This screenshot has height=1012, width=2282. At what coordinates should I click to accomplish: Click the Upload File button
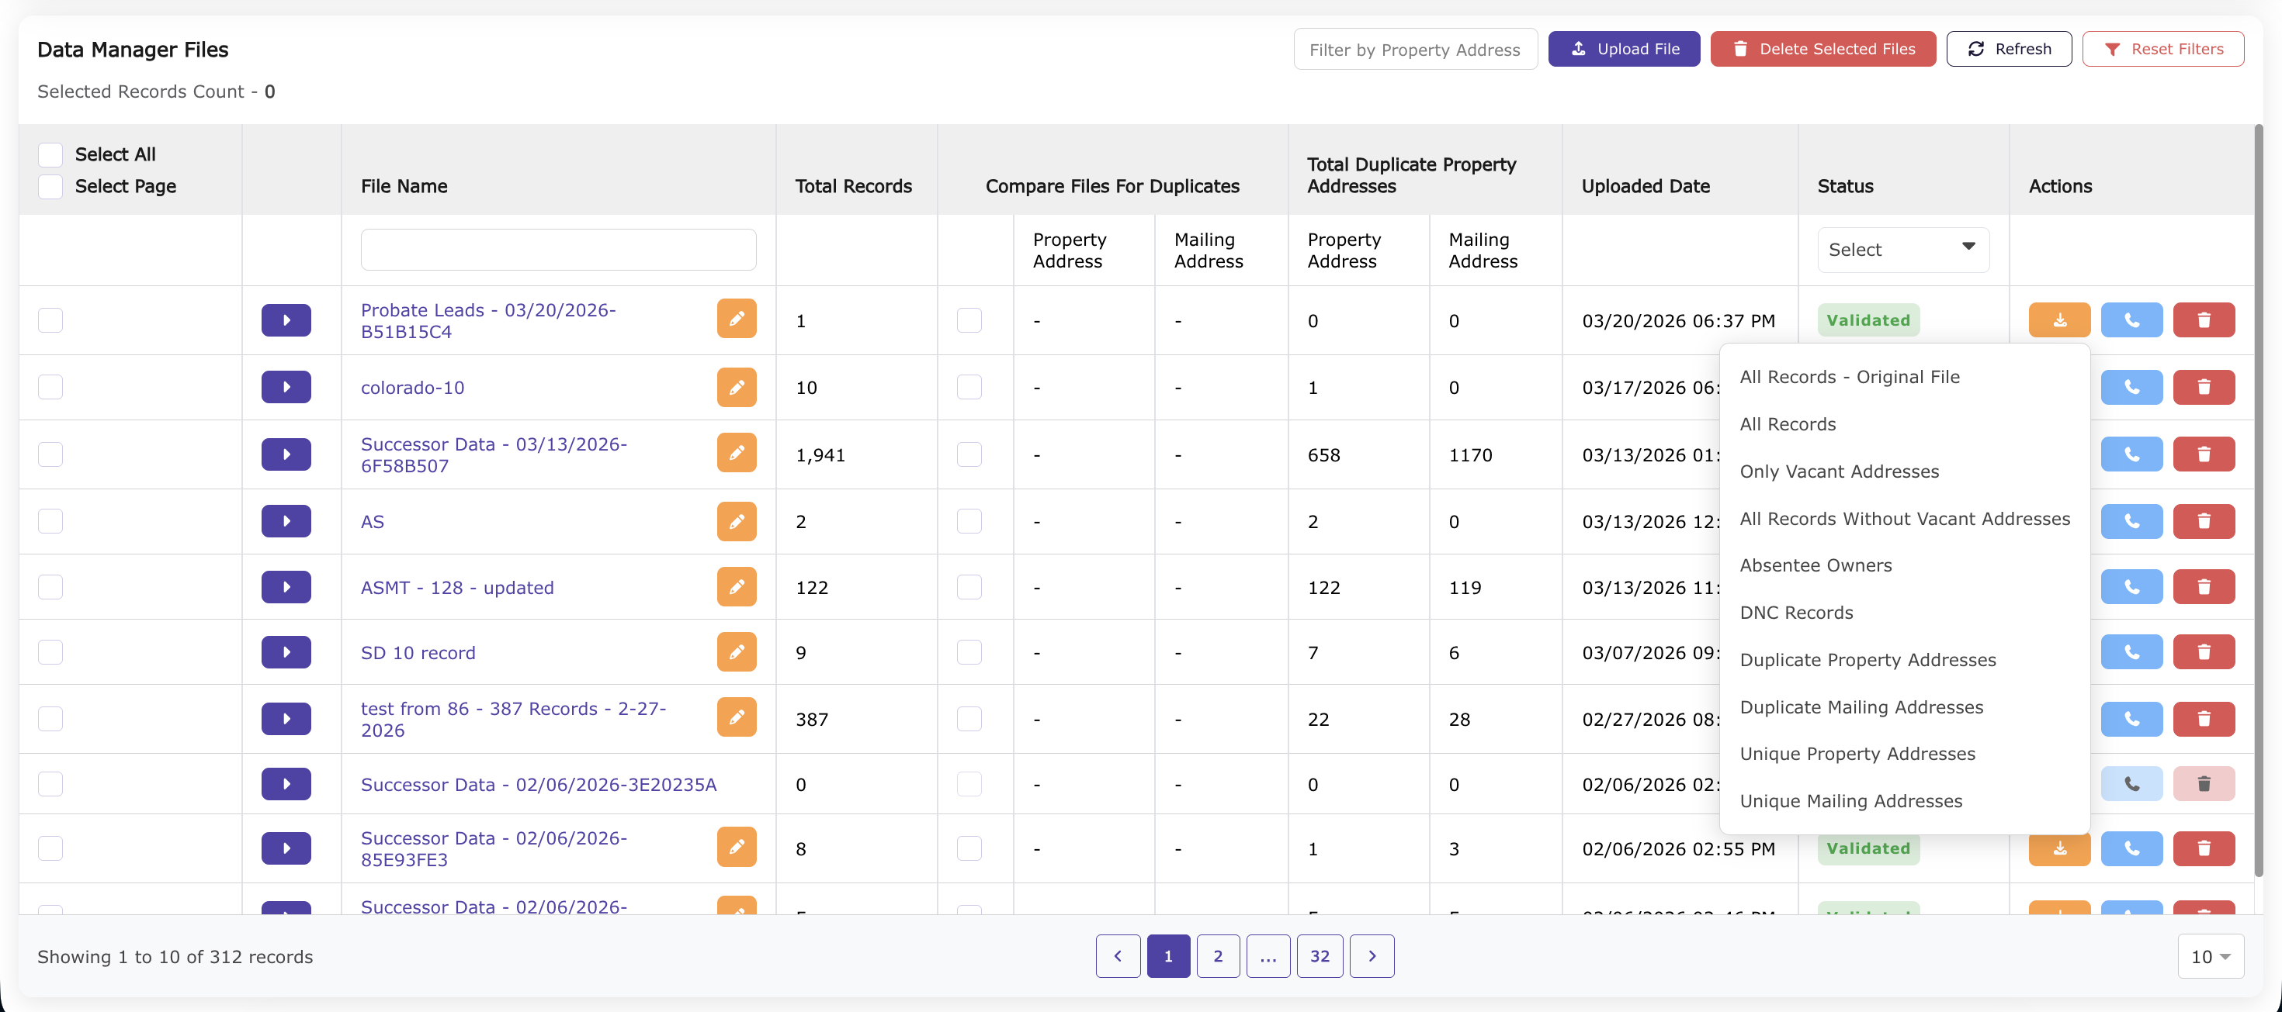1623,49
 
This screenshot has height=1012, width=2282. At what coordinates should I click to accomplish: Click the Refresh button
2008,49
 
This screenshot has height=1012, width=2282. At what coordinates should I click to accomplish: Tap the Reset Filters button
2162,49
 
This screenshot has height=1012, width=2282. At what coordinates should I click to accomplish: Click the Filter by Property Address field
1415,50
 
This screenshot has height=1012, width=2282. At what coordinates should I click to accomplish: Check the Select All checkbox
50,154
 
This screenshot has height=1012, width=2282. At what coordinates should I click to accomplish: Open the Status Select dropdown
1902,250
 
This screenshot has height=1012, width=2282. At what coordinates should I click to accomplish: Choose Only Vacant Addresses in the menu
1838,471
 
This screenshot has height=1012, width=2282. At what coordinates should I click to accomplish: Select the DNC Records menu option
1795,613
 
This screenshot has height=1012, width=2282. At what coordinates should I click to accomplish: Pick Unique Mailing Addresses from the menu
1850,801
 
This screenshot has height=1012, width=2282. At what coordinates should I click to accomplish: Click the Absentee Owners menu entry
1816,565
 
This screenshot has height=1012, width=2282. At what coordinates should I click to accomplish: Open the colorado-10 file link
412,388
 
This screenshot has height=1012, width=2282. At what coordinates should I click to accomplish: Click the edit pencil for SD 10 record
736,652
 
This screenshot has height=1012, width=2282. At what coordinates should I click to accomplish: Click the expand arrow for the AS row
286,521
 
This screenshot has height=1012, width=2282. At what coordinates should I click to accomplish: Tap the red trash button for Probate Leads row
2203,320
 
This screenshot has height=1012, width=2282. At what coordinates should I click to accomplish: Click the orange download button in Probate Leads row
2058,320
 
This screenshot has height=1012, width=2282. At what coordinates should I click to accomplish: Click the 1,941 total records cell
820,455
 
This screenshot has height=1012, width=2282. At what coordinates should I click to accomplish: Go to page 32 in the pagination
1319,956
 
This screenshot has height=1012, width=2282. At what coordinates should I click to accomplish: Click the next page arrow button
1372,956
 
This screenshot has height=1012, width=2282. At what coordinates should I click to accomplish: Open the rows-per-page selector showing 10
2209,956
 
